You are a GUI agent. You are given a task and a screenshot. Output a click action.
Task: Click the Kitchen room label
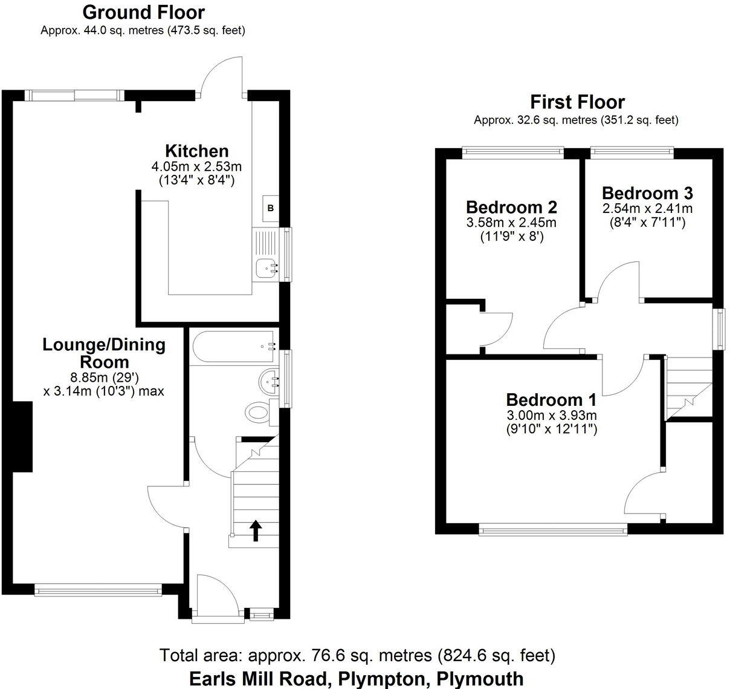pyautogui.click(x=197, y=151)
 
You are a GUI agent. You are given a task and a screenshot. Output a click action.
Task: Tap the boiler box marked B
pyautogui.click(x=271, y=208)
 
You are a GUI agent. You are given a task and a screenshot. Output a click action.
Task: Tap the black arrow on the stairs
pyautogui.click(x=256, y=530)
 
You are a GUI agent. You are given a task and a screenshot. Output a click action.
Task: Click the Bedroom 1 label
pyautogui.click(x=551, y=400)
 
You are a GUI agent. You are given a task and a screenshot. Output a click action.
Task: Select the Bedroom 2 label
pyautogui.click(x=511, y=207)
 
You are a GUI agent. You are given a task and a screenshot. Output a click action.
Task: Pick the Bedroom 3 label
pyautogui.click(x=647, y=193)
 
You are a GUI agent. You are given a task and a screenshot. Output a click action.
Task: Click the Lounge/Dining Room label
pyautogui.click(x=104, y=353)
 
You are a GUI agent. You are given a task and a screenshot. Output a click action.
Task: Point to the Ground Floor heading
pyautogui.click(x=143, y=12)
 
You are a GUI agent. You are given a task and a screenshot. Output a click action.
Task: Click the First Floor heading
pyautogui.click(x=577, y=102)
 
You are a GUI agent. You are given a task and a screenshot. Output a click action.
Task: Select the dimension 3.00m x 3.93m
pyautogui.click(x=551, y=416)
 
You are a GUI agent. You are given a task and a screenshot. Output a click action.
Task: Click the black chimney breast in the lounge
pyautogui.click(x=22, y=436)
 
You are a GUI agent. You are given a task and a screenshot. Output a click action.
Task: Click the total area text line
pyautogui.click(x=357, y=655)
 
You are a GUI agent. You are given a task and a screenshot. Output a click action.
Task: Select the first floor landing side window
pyautogui.click(x=719, y=328)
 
